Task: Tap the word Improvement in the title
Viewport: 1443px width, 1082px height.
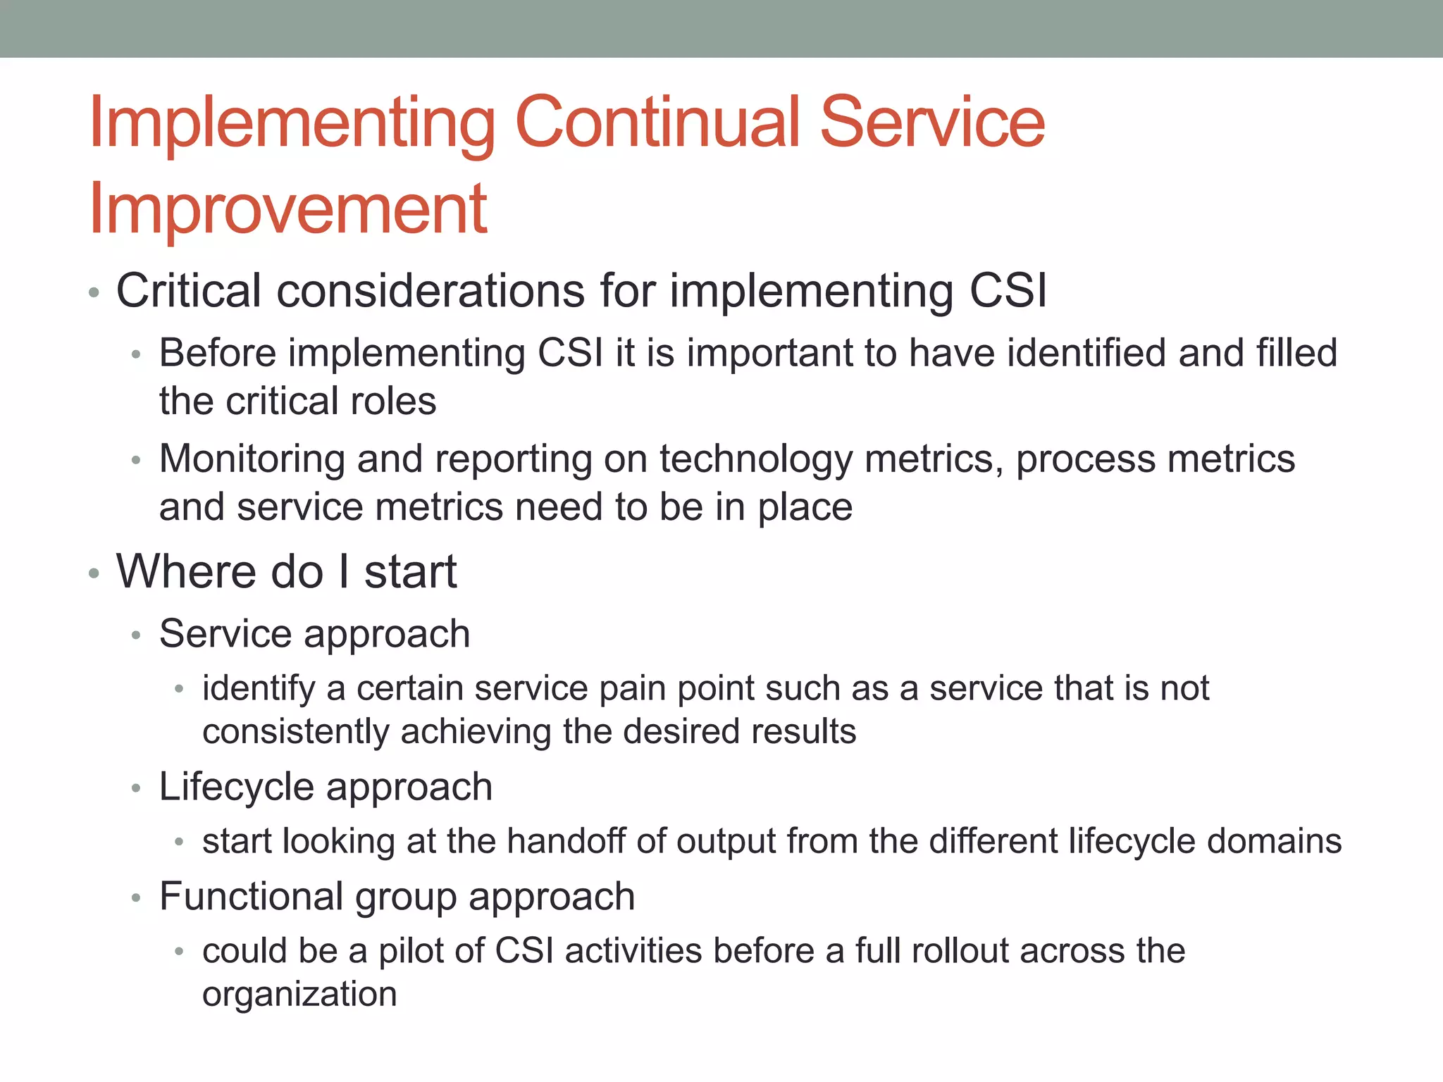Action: coord(288,209)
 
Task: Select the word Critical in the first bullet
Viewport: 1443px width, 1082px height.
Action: coord(189,291)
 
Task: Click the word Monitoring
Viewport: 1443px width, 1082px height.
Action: coord(252,459)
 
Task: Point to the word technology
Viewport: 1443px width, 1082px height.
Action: coord(755,460)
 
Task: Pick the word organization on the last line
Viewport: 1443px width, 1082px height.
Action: coord(299,995)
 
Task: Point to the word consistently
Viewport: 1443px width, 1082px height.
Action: coord(295,732)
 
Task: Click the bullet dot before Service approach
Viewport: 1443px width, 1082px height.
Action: coord(137,635)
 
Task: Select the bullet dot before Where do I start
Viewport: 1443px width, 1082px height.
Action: coord(94,573)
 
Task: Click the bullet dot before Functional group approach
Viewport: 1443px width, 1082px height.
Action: coord(137,898)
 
